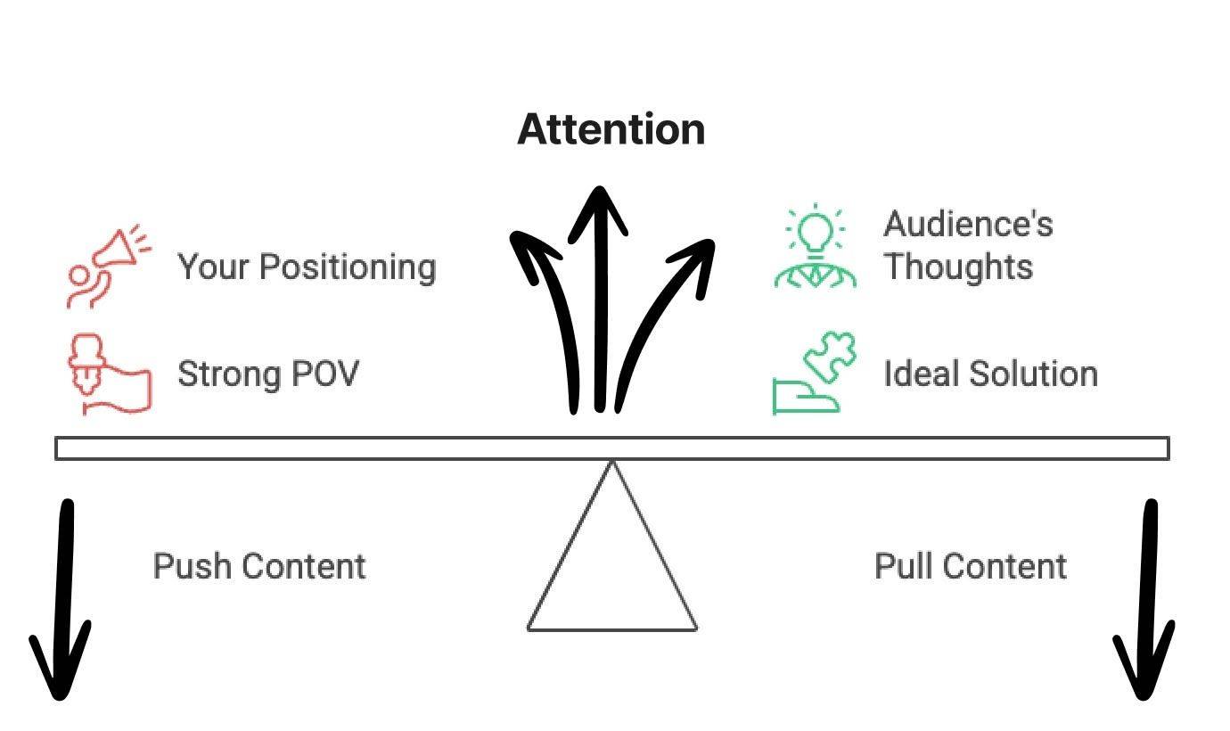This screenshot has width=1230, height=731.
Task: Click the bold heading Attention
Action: tap(611, 129)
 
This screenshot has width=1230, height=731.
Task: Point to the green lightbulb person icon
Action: tap(815, 247)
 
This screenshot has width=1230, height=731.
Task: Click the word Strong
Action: tap(230, 374)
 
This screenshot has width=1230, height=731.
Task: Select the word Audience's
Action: tap(968, 224)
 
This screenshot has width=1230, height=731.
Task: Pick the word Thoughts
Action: tap(958, 267)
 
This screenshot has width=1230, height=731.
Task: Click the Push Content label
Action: tap(259, 567)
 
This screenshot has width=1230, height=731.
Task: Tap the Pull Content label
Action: tap(971, 567)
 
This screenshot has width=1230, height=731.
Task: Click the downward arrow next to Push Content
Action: tap(62, 606)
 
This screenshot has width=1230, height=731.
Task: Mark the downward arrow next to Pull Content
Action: tap(1146, 606)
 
